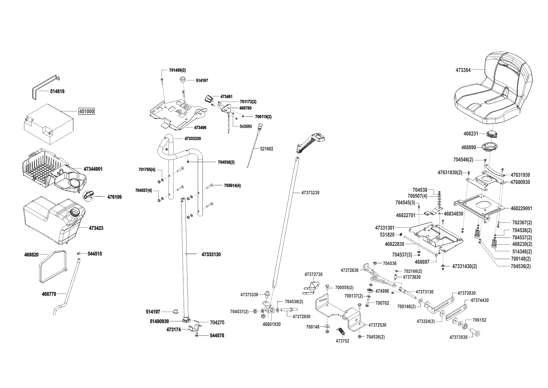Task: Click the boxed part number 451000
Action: tap(86, 111)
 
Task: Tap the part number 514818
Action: tap(57, 91)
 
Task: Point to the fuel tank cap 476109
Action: tap(88, 195)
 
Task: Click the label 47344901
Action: tap(93, 169)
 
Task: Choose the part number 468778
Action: tap(49, 294)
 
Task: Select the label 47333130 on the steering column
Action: tap(211, 254)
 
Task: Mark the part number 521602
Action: tap(267, 149)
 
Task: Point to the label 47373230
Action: tap(310, 193)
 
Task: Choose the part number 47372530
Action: tap(377, 325)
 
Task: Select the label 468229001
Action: tap(521, 208)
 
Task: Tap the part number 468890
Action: tap(469, 147)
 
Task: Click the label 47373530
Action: tap(459, 337)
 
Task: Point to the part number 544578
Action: tap(217, 336)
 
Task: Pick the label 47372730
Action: tap(313, 274)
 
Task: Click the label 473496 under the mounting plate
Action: tap(200, 128)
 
